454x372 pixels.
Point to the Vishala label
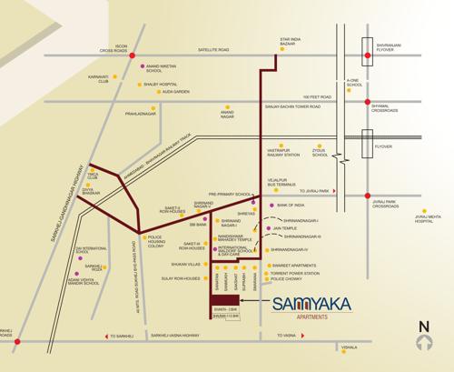(349, 347)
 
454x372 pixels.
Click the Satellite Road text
(210, 50)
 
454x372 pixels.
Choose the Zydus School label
(320, 153)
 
